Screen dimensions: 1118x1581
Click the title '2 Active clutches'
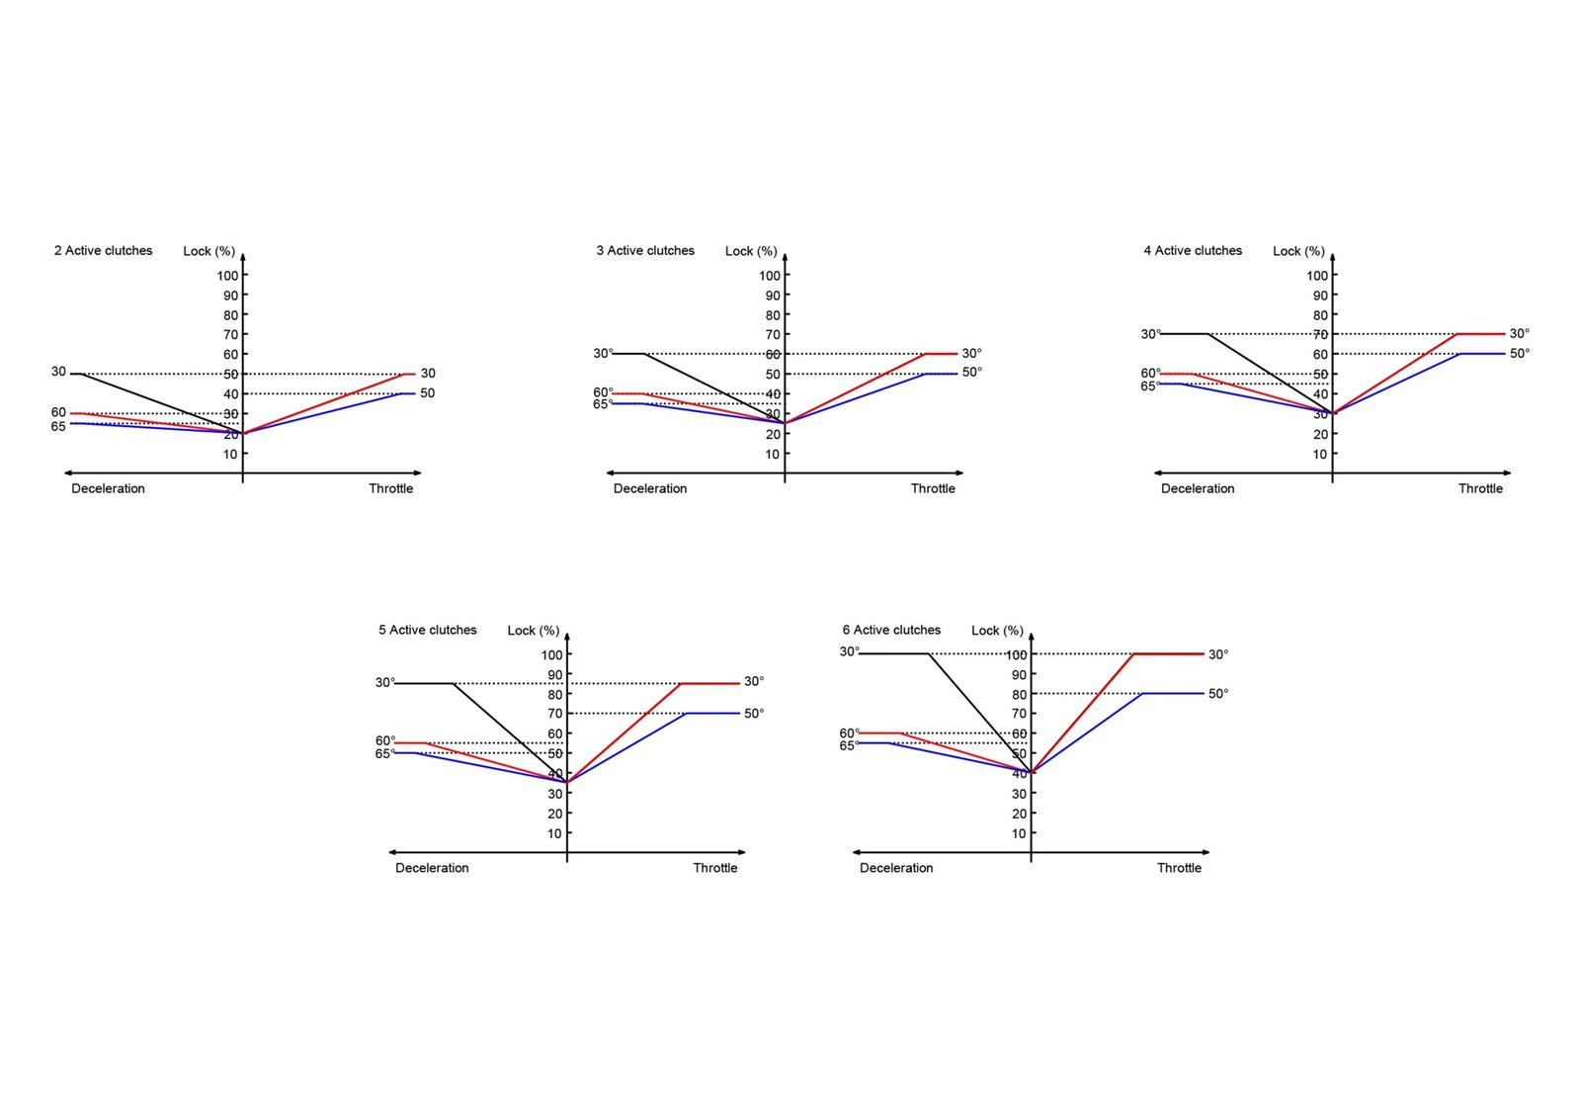coord(103,251)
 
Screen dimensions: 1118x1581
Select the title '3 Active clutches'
coord(644,251)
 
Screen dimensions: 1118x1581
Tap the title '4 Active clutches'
coord(1193,251)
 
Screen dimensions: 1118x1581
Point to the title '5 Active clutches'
coord(427,631)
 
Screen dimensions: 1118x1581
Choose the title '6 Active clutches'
coord(891,631)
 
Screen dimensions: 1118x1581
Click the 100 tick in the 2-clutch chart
coord(228,276)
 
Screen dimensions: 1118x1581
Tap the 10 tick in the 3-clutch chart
coord(773,455)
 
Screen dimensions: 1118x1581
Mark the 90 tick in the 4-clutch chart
coord(1320,296)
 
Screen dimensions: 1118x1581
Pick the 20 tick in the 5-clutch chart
coord(555,815)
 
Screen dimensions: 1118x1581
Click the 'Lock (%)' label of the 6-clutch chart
coord(997,631)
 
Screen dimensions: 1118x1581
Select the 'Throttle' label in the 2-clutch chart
coord(391,489)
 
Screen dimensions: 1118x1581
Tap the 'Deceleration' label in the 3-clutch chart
coord(650,489)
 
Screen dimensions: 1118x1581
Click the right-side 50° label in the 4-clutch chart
coord(1519,354)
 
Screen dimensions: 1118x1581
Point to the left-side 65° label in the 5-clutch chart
coord(384,754)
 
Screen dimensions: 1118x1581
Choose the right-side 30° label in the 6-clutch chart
coord(1218,655)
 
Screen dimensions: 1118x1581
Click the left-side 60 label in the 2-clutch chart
coord(59,413)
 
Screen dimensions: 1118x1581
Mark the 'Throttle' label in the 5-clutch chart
coord(715,869)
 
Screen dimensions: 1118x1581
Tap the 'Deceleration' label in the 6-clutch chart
coord(896,869)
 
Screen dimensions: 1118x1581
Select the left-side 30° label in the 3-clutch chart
coord(603,354)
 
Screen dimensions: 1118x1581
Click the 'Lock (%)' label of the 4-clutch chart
coord(1298,252)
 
